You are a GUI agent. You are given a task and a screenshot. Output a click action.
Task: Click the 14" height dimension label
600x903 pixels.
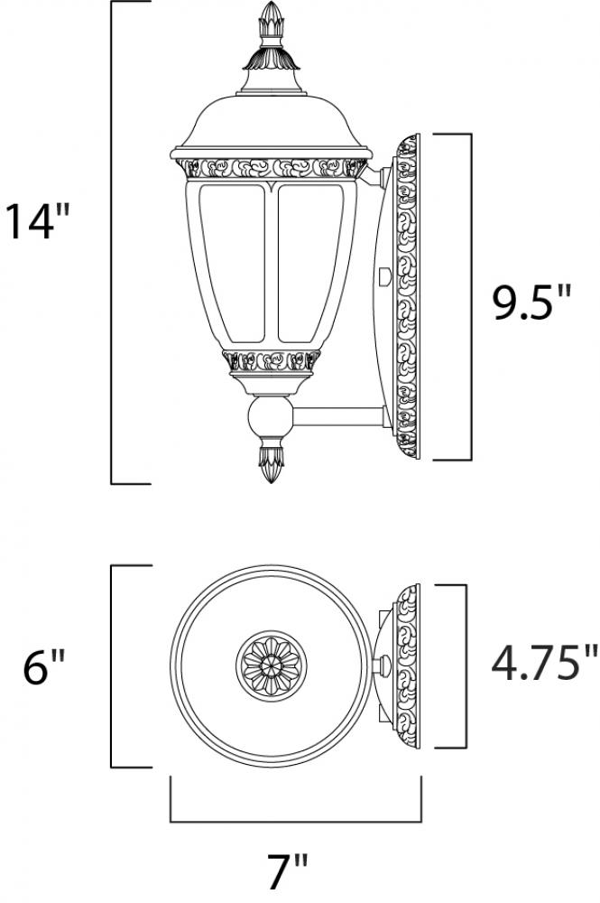click(37, 221)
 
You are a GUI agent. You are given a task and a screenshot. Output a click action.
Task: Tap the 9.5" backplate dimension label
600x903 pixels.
click(531, 303)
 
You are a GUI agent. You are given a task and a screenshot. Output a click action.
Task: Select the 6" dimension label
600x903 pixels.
click(44, 667)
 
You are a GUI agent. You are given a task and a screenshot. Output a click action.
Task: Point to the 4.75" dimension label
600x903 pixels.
click(544, 663)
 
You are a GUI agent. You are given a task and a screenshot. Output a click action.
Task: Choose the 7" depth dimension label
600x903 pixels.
click(288, 871)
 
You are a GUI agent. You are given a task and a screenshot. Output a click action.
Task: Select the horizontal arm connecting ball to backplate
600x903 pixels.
click(338, 417)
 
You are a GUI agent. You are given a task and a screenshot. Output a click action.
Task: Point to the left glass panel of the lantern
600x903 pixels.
click(232, 262)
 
